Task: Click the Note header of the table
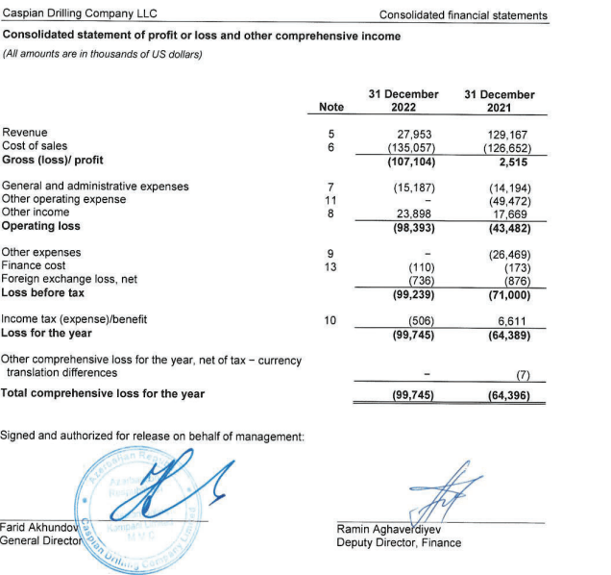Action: (330, 108)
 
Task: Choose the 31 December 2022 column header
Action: (403, 101)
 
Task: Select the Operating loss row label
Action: (41, 227)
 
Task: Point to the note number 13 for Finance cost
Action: (330, 266)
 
